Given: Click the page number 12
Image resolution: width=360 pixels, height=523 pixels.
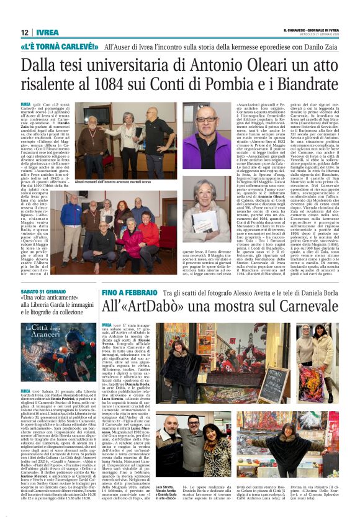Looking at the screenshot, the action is click(x=25, y=33).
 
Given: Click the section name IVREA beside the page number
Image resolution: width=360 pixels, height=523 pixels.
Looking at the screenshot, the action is click(x=46, y=33).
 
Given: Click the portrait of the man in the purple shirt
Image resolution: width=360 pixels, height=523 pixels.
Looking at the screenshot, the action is click(x=206, y=134).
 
